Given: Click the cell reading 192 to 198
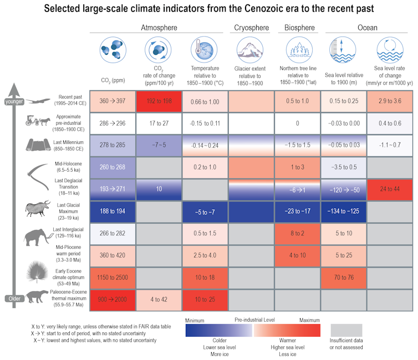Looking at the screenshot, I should tap(159, 102).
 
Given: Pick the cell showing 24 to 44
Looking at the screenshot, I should tap(390, 189).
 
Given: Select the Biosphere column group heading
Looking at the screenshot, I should tap(299, 28).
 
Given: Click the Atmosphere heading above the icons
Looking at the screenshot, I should tap(159, 28).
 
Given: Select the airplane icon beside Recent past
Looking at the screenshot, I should tap(33, 101).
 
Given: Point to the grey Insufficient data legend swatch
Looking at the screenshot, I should tap(346, 330).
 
